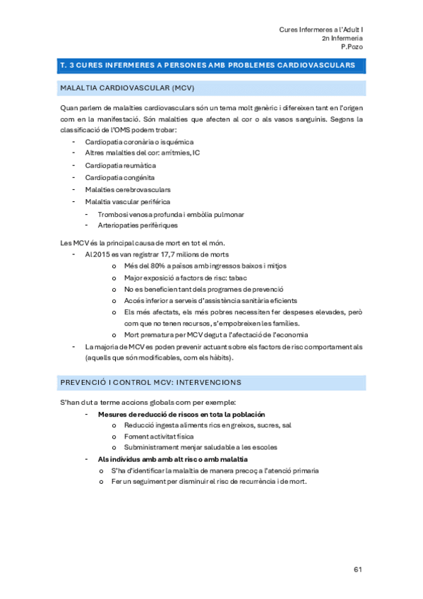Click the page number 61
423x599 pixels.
(357, 569)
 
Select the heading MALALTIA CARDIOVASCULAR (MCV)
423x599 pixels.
(128, 88)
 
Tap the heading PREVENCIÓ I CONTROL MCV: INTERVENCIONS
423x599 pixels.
(151, 382)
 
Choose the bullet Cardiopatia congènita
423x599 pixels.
(120, 177)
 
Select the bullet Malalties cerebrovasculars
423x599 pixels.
(128, 189)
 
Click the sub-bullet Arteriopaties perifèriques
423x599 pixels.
(133, 225)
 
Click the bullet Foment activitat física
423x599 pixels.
(159, 437)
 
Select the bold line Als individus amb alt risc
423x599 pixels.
(168, 459)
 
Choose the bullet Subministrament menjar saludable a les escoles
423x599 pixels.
(201, 447)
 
